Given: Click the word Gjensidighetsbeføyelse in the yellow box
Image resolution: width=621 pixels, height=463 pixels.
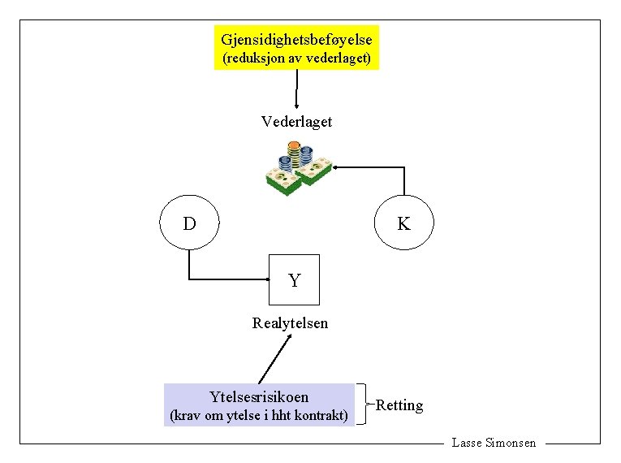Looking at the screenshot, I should click(x=296, y=38).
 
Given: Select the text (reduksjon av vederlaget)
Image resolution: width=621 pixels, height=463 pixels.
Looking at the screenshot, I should click(x=296, y=58).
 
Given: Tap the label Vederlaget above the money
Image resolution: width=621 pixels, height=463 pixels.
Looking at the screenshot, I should click(x=296, y=122).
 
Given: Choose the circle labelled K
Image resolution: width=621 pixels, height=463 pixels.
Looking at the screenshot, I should click(x=403, y=222).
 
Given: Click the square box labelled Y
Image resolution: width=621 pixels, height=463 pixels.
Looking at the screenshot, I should click(x=295, y=279).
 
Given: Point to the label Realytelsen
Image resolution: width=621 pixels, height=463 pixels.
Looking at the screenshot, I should click(x=291, y=323).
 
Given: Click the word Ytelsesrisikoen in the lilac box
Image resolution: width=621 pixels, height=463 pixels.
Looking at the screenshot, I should click(x=259, y=396).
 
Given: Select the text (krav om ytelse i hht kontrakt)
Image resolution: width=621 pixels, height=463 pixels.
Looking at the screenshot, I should click(x=259, y=416).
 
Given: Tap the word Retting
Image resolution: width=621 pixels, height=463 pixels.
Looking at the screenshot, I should click(x=399, y=405).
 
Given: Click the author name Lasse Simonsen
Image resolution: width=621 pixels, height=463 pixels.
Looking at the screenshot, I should click(x=494, y=443).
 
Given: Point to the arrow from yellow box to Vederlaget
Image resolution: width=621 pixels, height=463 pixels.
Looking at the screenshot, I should click(x=297, y=89).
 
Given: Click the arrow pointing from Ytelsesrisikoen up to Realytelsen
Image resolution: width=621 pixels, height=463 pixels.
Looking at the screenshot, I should click(x=275, y=358).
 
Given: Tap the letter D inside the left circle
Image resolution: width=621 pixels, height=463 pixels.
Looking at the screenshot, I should click(x=189, y=223).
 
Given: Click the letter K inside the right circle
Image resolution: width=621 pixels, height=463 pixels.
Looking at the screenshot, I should click(x=403, y=223).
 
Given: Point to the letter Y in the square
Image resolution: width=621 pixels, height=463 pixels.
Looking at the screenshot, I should click(x=295, y=281).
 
